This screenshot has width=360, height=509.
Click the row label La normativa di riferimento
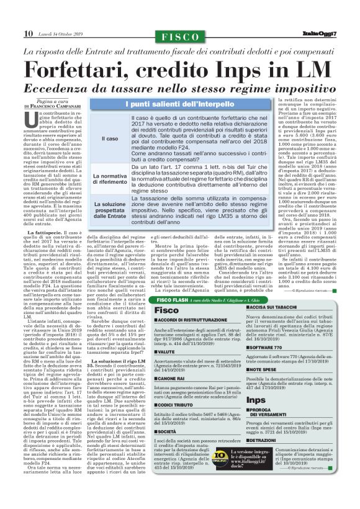point(110,180)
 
